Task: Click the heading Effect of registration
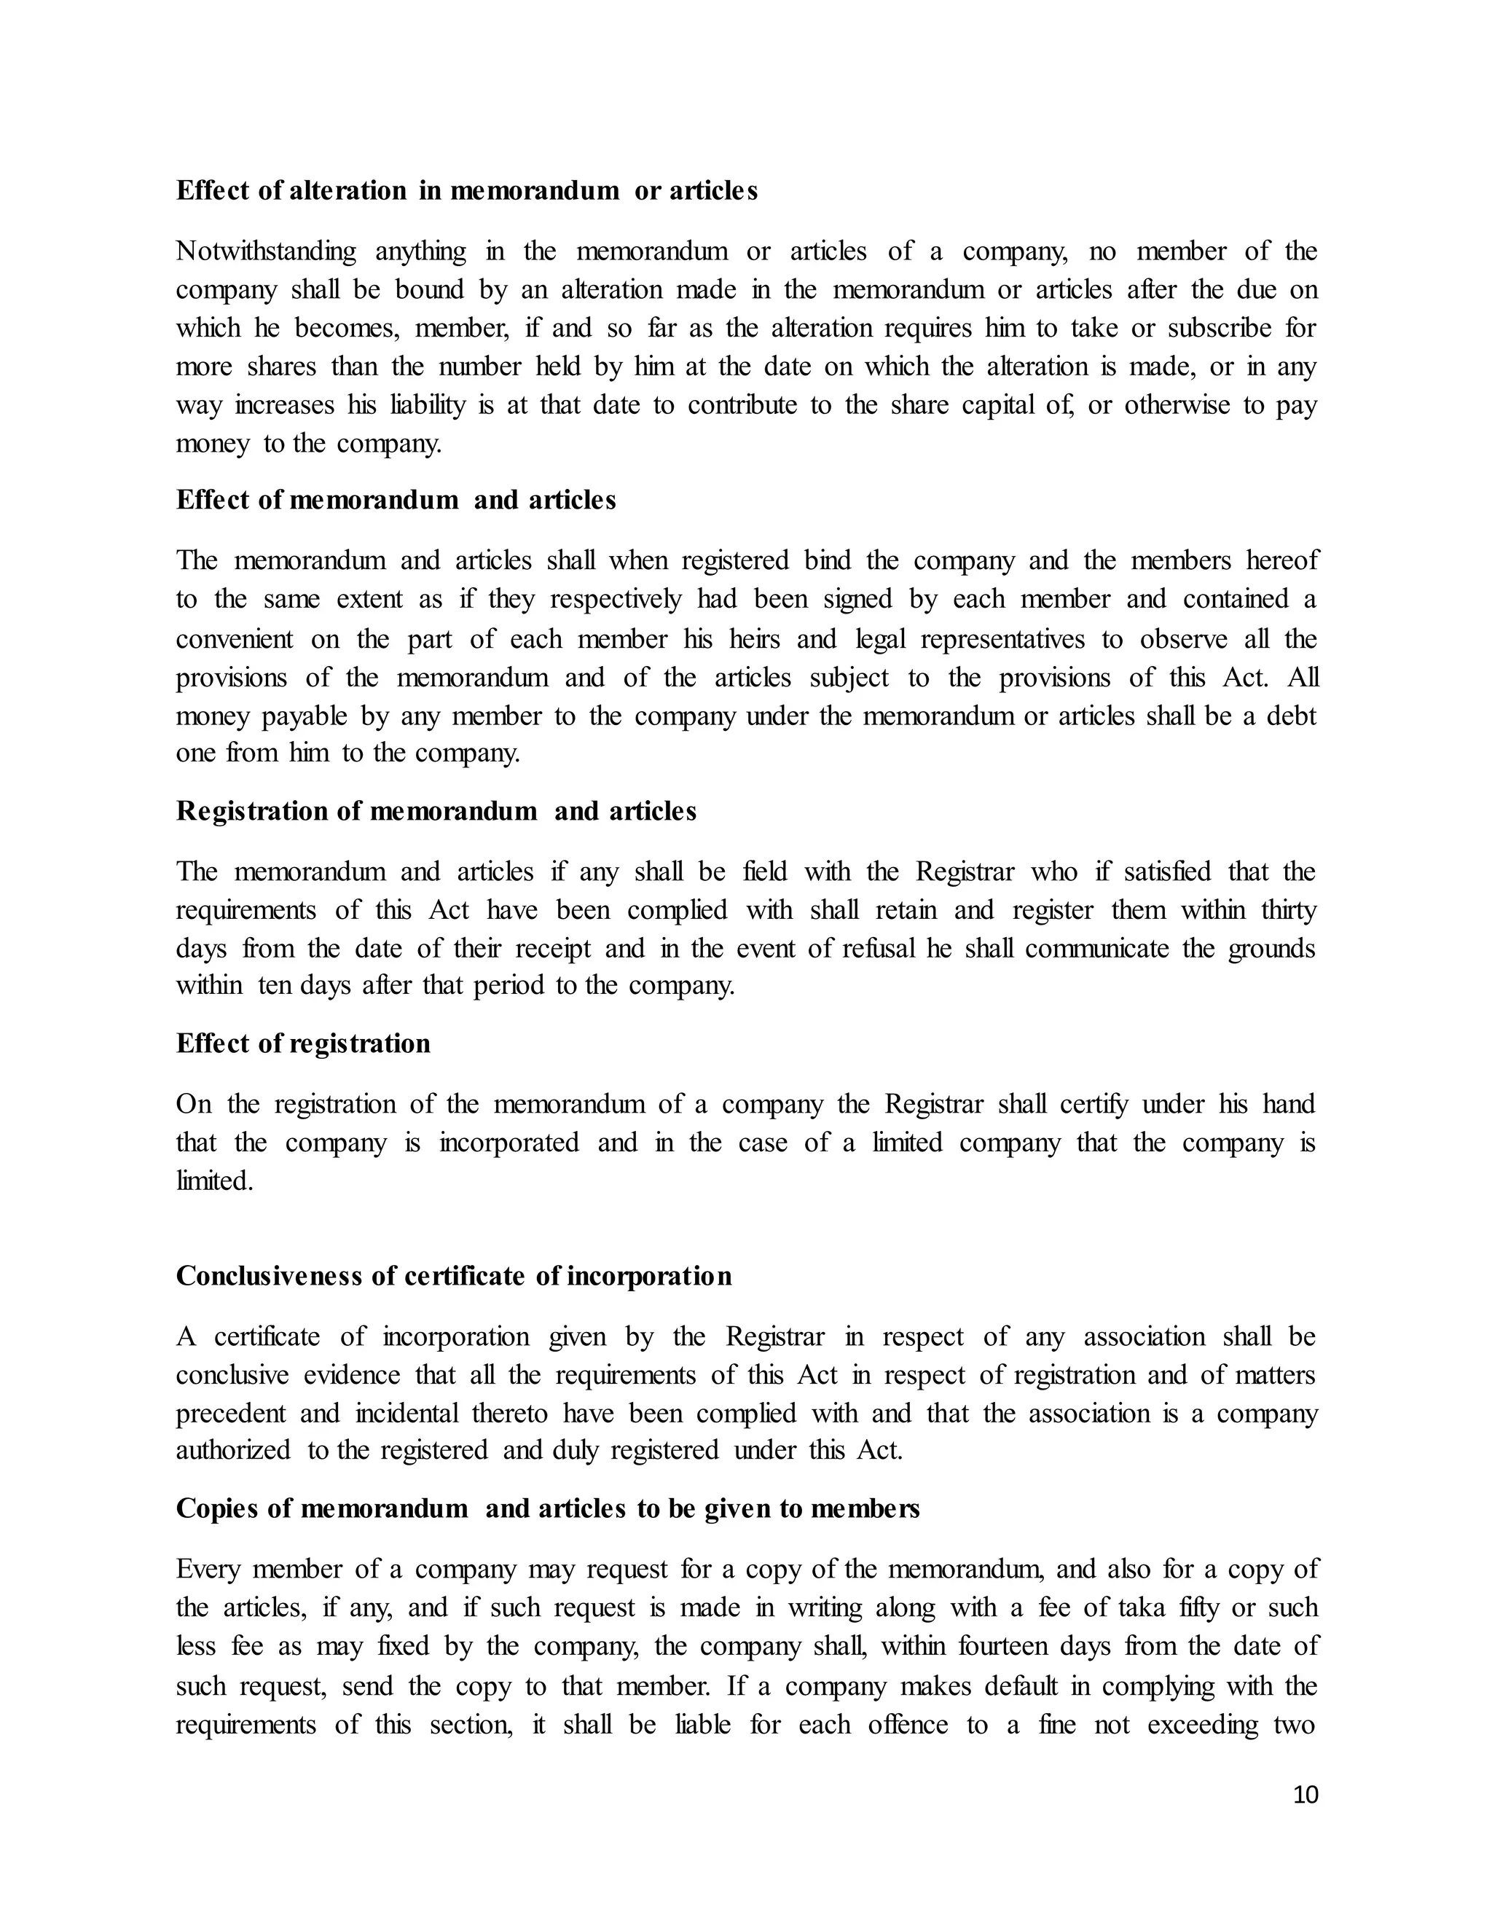point(303,1043)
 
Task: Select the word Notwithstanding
point(266,252)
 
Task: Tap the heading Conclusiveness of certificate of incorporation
point(453,1276)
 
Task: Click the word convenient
point(235,639)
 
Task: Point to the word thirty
point(1289,910)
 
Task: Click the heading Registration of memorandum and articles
point(436,811)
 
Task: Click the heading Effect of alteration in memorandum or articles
point(467,191)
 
